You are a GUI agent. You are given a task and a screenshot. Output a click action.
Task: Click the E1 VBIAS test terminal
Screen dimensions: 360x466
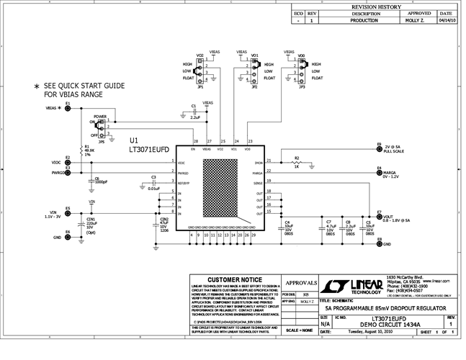click(67, 108)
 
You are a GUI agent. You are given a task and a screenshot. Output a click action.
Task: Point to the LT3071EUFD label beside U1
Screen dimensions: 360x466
click(148, 150)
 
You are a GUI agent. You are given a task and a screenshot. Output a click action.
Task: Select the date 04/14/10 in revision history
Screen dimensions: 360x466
click(446, 21)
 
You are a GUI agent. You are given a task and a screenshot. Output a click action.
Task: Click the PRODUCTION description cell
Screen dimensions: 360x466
click(365, 21)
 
